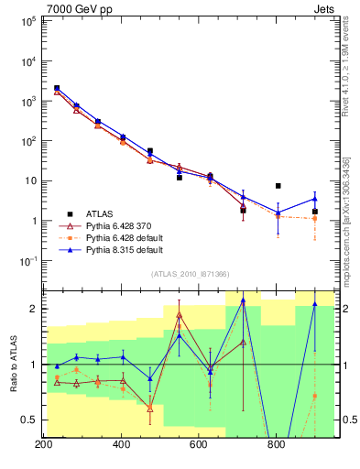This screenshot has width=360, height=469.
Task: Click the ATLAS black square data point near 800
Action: [x=278, y=186]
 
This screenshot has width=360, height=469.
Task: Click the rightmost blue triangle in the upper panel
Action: [x=315, y=199]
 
